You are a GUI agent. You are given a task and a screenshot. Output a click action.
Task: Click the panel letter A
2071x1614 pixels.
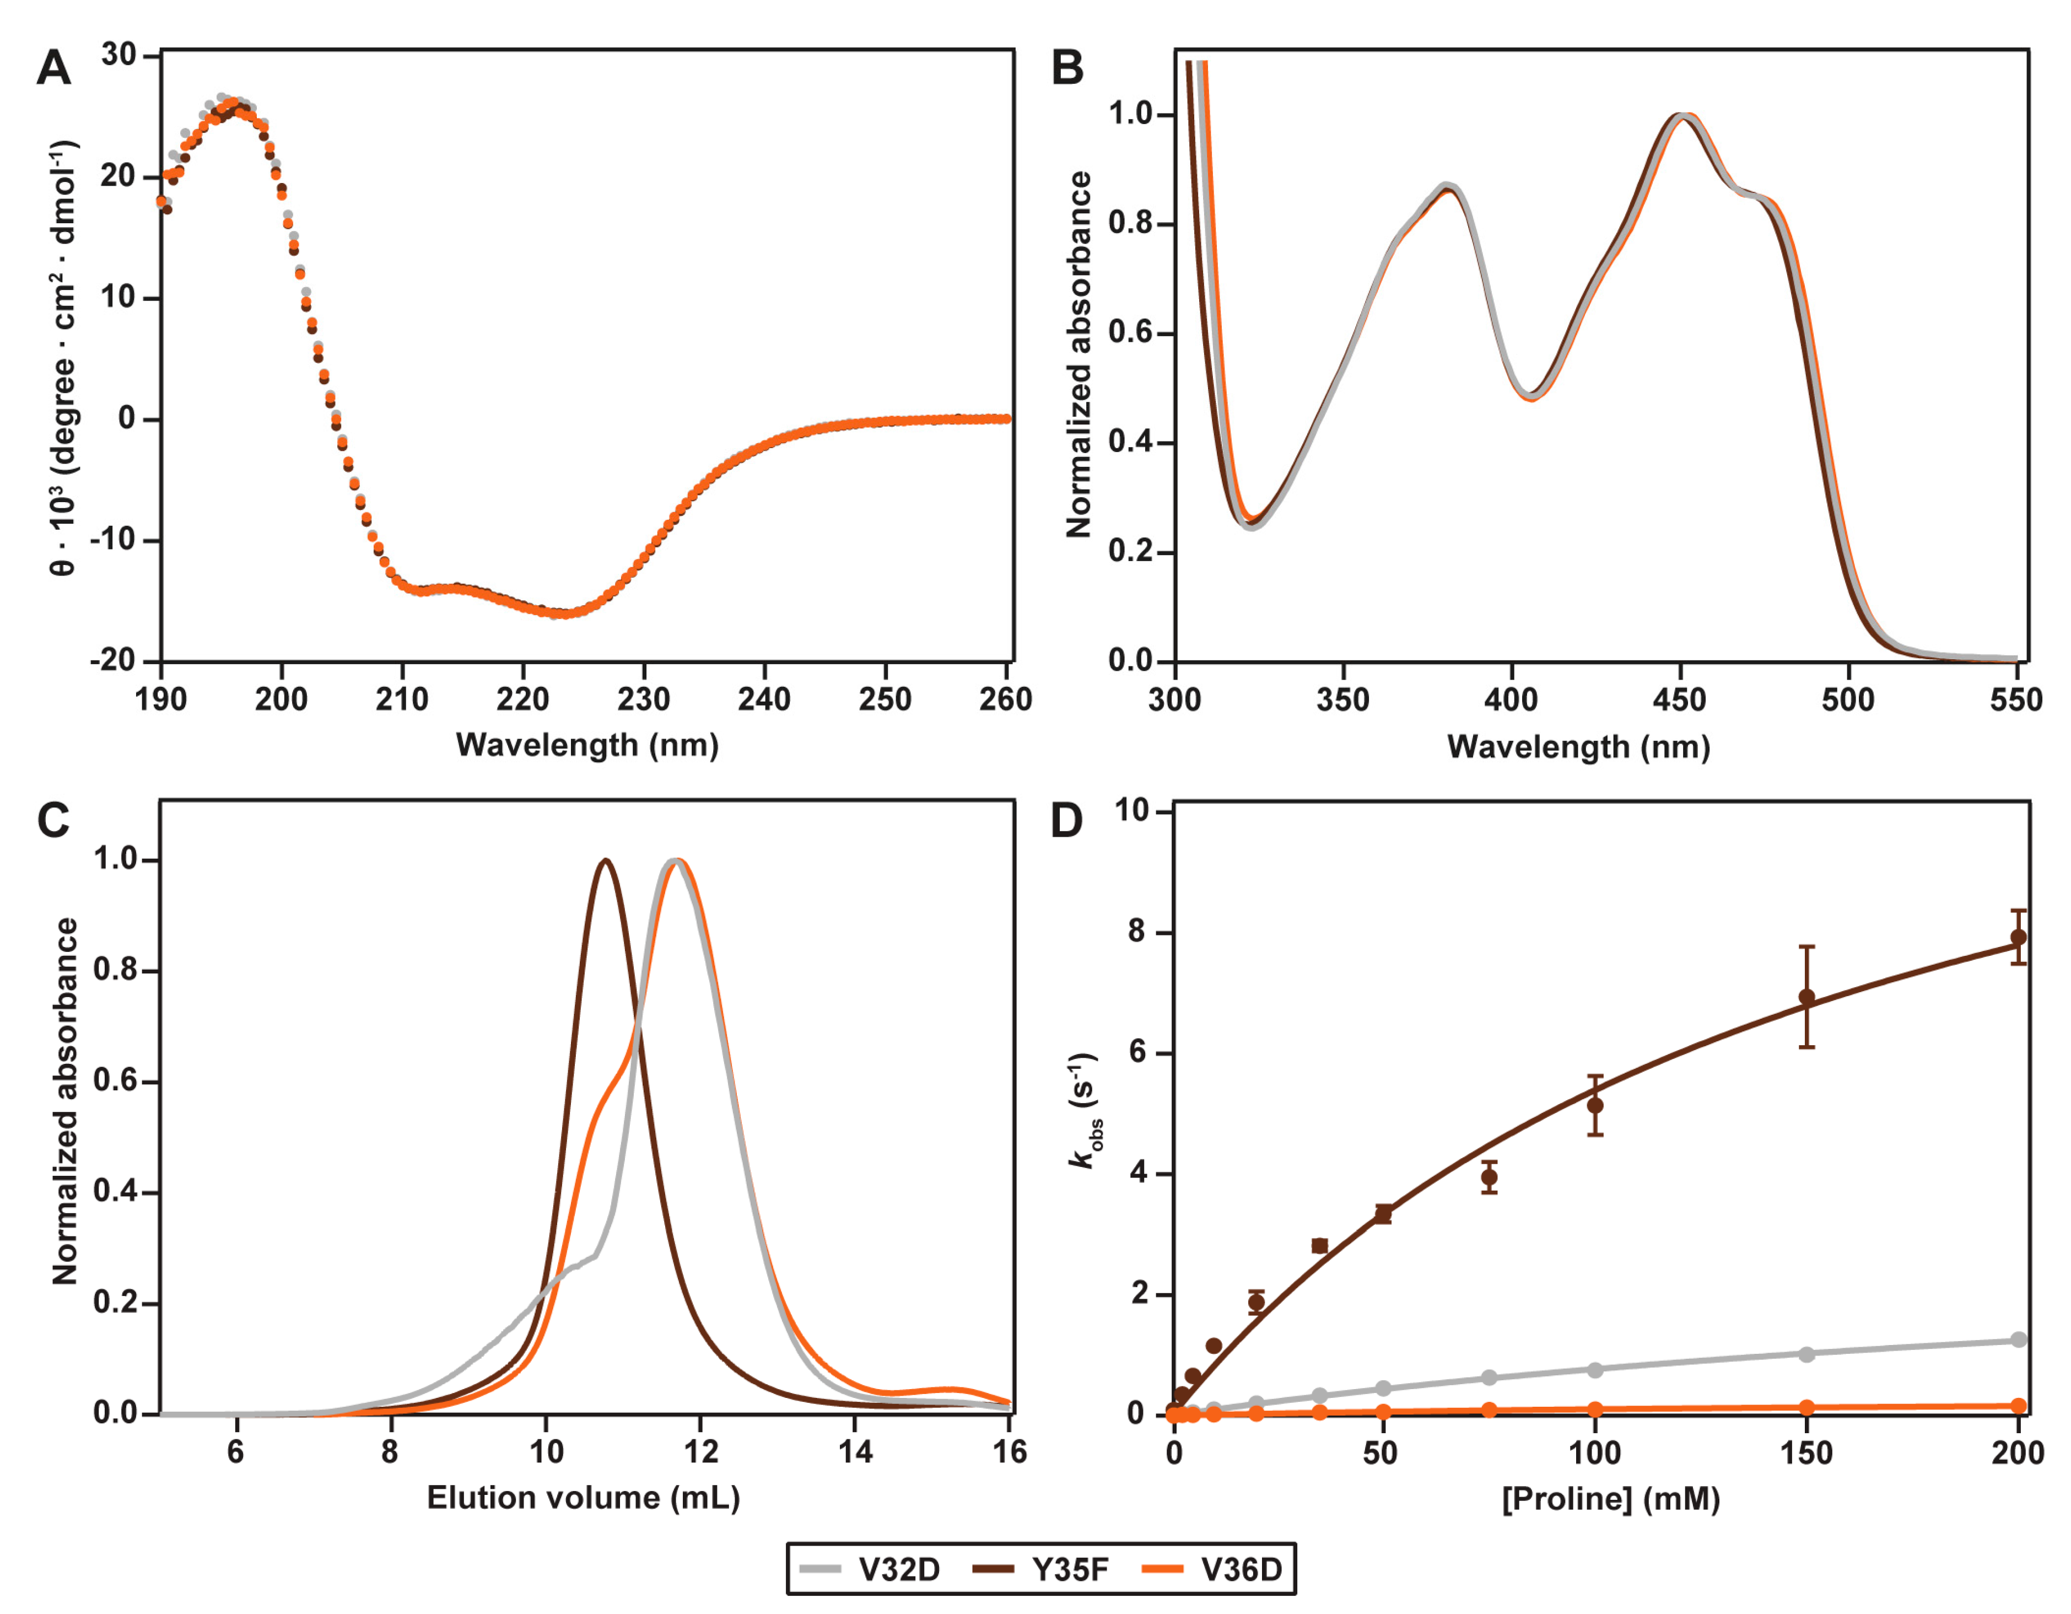tap(54, 68)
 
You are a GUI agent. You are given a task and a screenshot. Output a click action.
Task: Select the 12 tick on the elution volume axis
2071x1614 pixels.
tap(700, 1451)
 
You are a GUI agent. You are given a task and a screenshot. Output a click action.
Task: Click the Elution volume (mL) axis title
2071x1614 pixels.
tap(583, 1498)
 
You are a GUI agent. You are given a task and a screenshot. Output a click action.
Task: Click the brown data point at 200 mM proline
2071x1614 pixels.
tap(2019, 937)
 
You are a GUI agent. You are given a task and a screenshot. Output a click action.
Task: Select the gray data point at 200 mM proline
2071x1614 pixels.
tap(2019, 1340)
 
